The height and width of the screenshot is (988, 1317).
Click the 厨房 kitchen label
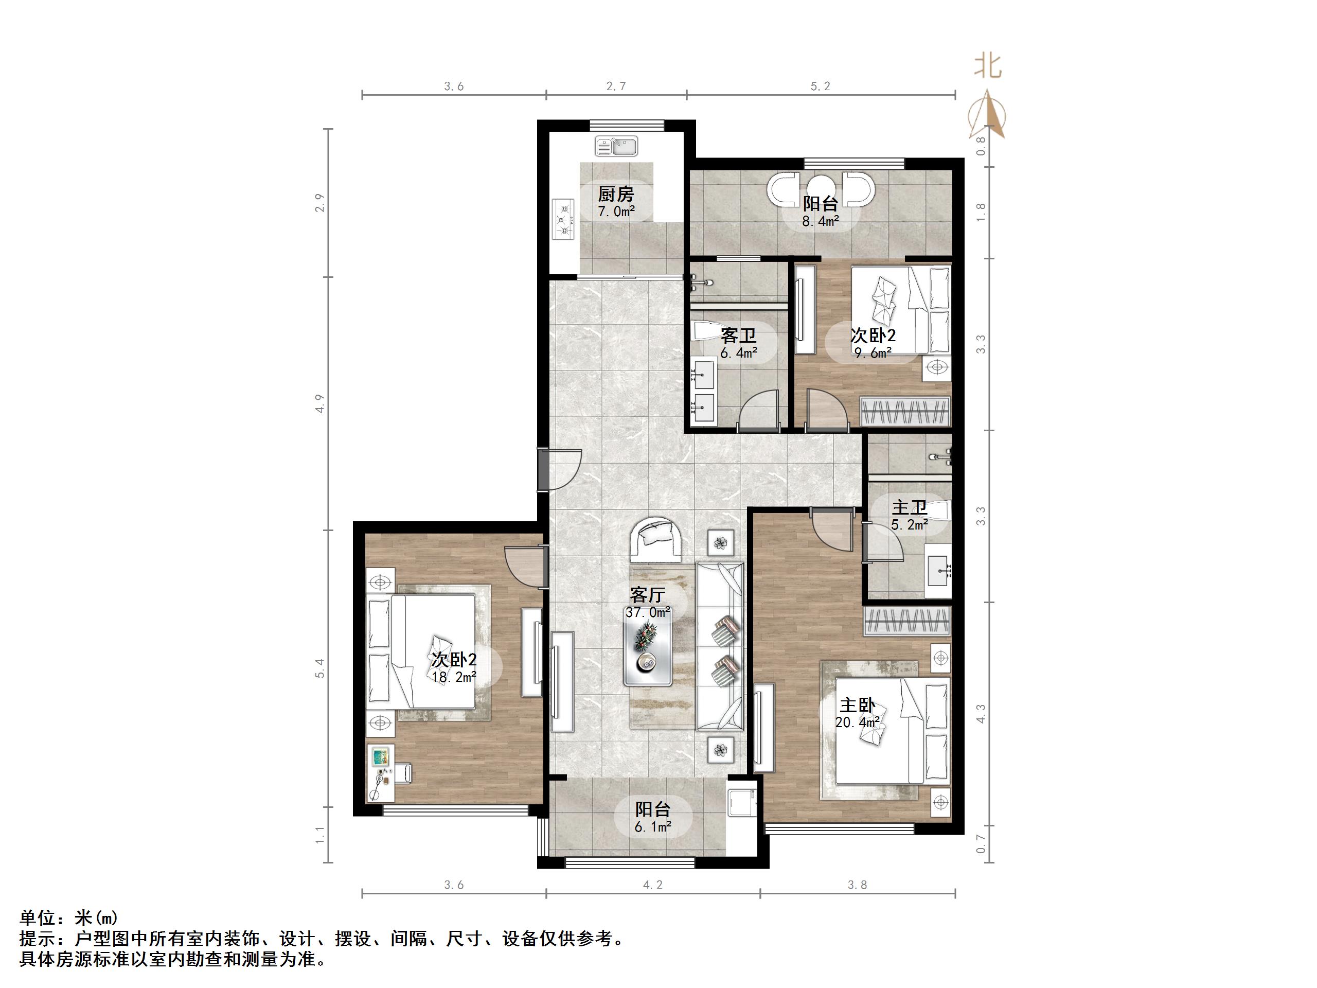616,194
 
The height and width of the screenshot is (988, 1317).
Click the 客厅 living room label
647,595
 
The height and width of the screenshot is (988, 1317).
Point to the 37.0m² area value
648,612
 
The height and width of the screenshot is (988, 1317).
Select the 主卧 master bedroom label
858,705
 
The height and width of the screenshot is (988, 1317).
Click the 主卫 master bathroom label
909,507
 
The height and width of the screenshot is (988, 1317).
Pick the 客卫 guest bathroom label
738,336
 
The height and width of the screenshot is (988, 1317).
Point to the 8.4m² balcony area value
821,222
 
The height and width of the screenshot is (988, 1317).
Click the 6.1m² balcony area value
653,826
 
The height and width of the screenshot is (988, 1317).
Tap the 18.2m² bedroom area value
454,677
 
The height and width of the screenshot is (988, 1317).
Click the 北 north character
988,66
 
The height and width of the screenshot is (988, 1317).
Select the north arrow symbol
988,114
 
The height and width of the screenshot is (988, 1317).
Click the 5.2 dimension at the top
820,86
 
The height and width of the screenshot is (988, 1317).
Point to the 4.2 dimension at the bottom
652,885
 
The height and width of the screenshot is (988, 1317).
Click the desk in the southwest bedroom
381,773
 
